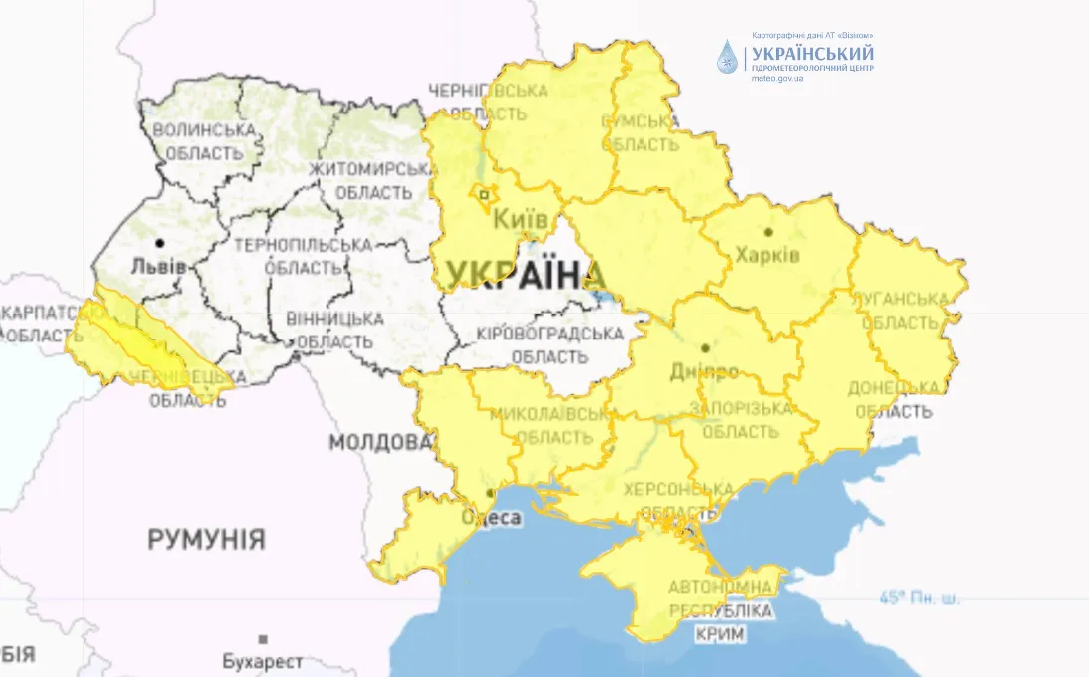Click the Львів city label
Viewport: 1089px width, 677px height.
tap(159, 267)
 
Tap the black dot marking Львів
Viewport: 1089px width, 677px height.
tap(159, 243)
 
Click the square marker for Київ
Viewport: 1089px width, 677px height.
tap(485, 195)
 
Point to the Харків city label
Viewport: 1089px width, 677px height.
tap(766, 255)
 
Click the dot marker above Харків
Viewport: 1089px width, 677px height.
tap(768, 232)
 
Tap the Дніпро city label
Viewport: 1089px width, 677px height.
tap(704, 372)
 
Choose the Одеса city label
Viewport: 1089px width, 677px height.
tap(492, 517)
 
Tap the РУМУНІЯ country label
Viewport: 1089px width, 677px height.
tap(207, 540)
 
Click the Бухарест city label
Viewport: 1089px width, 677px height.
tap(263, 661)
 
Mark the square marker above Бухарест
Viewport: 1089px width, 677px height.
tap(263, 639)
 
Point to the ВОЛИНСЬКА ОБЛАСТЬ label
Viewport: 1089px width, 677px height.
tap(204, 141)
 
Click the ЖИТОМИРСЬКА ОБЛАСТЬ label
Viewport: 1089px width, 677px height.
tap(373, 179)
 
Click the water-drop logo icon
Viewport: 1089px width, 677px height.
tap(729, 57)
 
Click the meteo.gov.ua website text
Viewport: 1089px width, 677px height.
tap(776, 78)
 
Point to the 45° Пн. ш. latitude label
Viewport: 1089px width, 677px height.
tap(919, 598)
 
